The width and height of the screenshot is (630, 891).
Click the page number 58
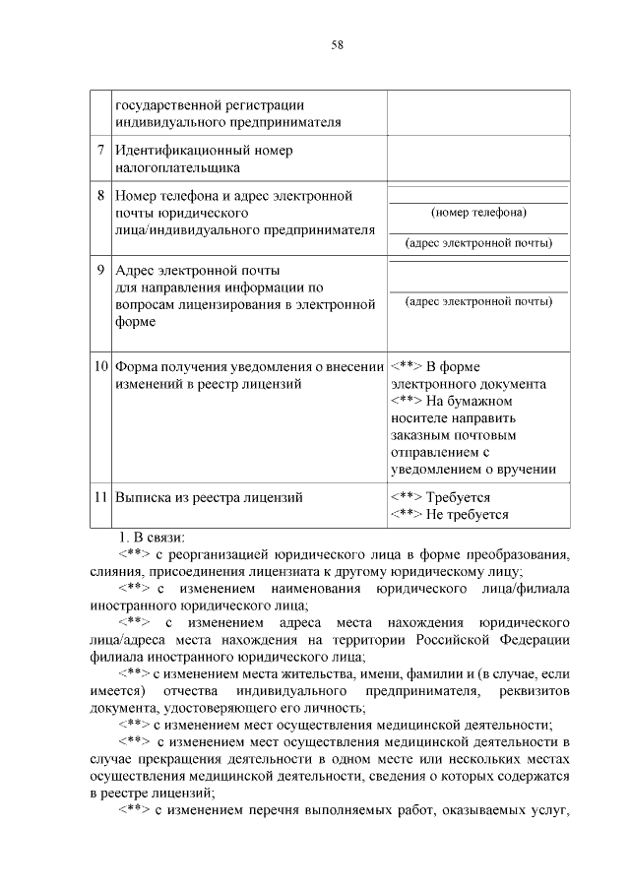pos(337,45)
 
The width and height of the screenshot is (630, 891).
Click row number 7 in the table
pos(100,152)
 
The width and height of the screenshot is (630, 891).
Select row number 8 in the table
pos(100,196)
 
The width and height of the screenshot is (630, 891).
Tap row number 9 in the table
pos(100,270)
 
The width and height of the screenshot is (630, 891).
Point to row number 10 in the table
pos(100,366)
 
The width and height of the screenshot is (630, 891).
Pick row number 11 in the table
pos(100,497)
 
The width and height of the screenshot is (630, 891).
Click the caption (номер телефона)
pos(478,213)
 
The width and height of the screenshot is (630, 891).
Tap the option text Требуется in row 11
pos(459,497)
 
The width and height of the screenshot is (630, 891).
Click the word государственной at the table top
pos(169,105)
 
